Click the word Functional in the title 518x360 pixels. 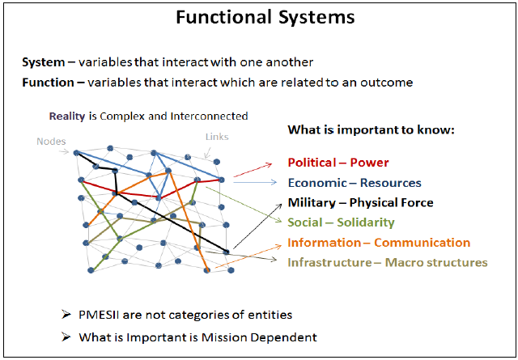click(x=224, y=16)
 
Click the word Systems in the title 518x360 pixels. click(x=316, y=17)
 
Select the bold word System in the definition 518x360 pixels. click(x=43, y=62)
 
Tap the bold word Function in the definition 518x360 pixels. click(x=49, y=83)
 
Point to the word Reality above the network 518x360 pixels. click(x=67, y=116)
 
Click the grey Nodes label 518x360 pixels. click(x=51, y=142)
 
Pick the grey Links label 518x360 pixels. click(x=217, y=137)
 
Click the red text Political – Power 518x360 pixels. click(x=338, y=163)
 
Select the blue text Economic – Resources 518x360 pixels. click(x=355, y=183)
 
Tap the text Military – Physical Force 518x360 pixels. click(x=360, y=202)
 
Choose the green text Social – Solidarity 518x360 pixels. click(x=341, y=222)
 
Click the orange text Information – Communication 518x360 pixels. click(x=379, y=243)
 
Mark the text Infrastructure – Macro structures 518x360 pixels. click(x=388, y=262)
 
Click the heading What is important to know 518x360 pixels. click(x=372, y=129)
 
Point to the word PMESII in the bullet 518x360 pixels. click(x=99, y=315)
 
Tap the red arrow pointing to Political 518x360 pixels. click(x=253, y=170)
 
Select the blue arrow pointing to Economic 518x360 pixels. click(x=255, y=182)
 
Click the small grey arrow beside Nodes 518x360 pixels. click(x=64, y=151)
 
